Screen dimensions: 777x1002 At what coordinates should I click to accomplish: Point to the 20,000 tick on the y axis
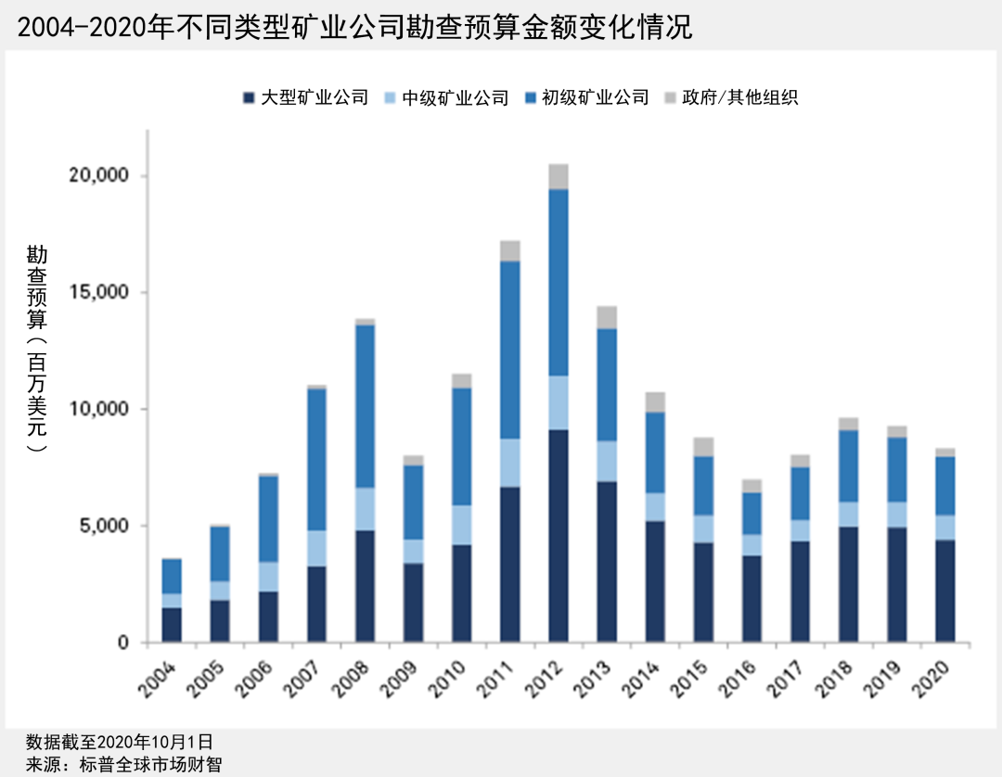pos(103,176)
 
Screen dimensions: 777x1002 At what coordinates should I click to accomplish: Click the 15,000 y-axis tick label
pos(103,293)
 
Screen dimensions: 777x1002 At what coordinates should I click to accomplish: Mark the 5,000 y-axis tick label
pos(108,526)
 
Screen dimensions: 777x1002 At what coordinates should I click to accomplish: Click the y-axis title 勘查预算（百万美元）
pos(37,348)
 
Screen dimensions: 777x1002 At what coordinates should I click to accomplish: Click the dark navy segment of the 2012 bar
pos(559,536)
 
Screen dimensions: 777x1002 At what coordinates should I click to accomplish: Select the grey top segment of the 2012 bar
pos(559,176)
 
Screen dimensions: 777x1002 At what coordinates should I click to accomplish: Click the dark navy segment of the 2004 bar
pos(171,625)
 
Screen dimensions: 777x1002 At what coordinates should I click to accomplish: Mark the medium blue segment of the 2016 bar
pos(752,513)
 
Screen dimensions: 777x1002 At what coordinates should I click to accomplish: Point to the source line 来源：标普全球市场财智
pos(124,764)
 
